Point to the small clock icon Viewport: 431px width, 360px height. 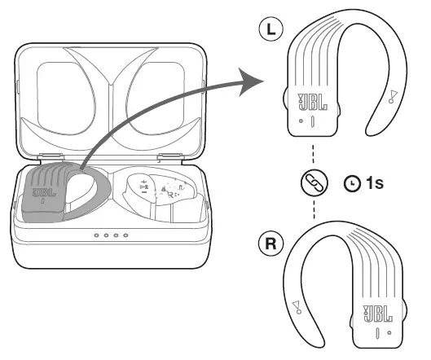click(x=352, y=185)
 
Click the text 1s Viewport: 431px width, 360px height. click(x=374, y=184)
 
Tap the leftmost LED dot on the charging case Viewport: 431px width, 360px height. click(x=96, y=236)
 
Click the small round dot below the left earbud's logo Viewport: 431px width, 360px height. click(x=301, y=121)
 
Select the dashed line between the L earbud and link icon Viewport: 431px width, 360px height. click(x=312, y=156)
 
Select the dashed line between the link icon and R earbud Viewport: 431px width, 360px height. click(x=312, y=212)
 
